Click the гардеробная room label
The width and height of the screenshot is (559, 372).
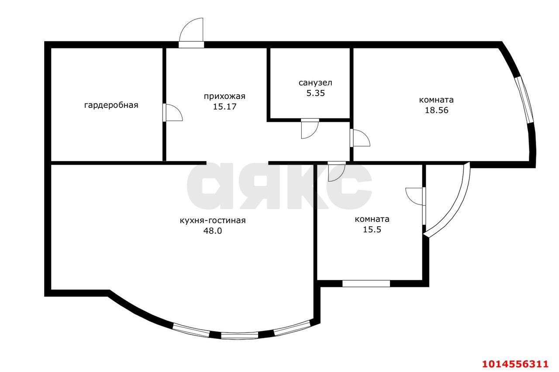click(x=111, y=105)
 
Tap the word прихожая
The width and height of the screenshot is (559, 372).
click(x=224, y=96)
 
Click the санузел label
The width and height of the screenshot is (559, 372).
click(x=315, y=83)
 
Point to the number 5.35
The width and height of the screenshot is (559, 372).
click(x=315, y=93)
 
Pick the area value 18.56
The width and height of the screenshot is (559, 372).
click(x=437, y=110)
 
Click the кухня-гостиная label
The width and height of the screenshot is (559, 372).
click(x=213, y=220)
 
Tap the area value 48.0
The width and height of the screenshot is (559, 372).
click(x=213, y=231)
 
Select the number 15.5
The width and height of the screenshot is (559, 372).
click(x=372, y=230)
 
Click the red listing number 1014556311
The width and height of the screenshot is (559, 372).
click(x=514, y=363)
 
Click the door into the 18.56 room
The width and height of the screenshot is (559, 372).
click(x=360, y=138)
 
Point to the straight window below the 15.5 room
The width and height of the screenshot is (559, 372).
click(x=366, y=283)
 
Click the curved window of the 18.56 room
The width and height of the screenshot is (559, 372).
click(x=524, y=100)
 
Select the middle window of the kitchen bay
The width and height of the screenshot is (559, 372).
click(x=239, y=336)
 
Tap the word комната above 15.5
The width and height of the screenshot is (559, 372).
click(x=372, y=219)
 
